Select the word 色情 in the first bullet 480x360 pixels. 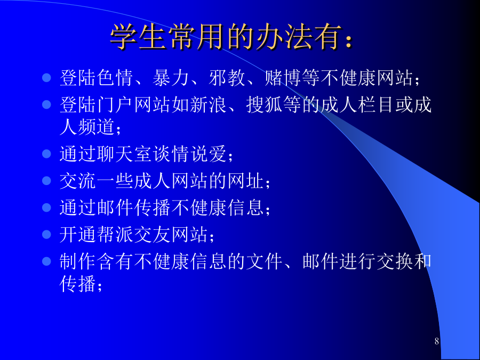(x=115, y=78)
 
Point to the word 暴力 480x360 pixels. (x=171, y=78)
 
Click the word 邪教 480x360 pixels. (x=227, y=78)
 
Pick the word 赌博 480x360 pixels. (x=284, y=78)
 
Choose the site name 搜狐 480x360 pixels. (x=265, y=105)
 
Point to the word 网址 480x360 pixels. (x=246, y=181)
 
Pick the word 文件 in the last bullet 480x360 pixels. (x=265, y=262)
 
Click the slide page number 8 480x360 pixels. (x=437, y=341)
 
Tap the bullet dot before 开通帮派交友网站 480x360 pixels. (x=46, y=235)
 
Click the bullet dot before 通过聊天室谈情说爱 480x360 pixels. (x=46, y=154)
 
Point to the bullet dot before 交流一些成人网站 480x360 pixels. (x=46, y=181)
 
